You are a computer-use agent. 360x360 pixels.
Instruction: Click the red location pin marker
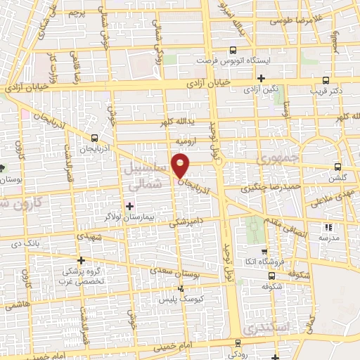181,166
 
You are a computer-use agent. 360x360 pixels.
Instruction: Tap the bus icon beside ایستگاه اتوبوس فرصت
233,49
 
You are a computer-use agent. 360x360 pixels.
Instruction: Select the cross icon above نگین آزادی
261,78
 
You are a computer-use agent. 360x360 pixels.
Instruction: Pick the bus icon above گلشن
339,167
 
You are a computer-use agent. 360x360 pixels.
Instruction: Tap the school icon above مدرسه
328,227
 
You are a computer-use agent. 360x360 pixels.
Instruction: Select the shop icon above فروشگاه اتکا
263,252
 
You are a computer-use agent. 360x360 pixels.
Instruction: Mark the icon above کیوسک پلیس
181,288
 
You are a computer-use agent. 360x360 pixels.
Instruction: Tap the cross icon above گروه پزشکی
83,259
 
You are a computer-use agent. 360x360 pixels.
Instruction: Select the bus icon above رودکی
236,343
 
